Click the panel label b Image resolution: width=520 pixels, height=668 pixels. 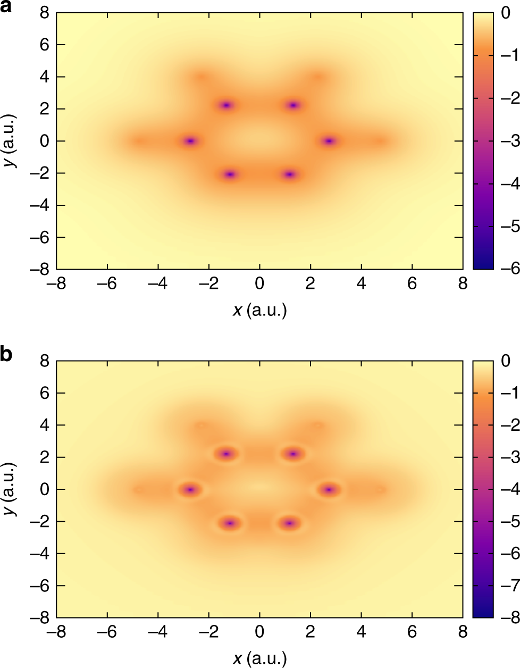click(7, 354)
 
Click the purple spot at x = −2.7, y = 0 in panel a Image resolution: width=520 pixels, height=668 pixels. click(190, 141)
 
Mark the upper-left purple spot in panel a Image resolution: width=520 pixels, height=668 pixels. click(226, 105)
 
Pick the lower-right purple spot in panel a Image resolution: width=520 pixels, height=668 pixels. click(289, 174)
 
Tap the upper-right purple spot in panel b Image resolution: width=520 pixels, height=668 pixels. click(293, 454)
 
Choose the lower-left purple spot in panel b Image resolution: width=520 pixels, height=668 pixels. click(230, 523)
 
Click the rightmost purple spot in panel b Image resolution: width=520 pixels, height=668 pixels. click(329, 489)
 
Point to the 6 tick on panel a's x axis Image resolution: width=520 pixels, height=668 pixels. click(412, 284)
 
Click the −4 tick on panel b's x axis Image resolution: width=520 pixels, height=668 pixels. click(158, 632)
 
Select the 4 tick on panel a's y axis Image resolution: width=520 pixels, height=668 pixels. click(45, 77)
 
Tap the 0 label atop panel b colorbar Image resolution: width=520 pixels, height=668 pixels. click(505, 361)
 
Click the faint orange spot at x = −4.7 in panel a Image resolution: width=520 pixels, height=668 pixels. click(139, 141)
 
